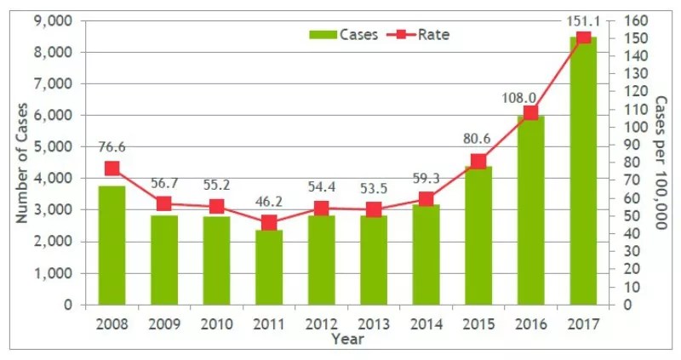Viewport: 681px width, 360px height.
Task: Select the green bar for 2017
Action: [583, 170]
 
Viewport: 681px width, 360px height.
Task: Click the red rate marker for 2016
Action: [530, 113]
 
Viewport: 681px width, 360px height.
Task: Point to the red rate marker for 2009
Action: [164, 204]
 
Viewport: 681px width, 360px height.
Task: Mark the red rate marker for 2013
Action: [374, 210]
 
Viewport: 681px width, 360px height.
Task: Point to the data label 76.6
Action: [112, 145]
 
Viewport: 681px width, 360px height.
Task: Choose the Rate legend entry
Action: [422, 35]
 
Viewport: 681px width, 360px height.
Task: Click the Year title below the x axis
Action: [347, 339]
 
